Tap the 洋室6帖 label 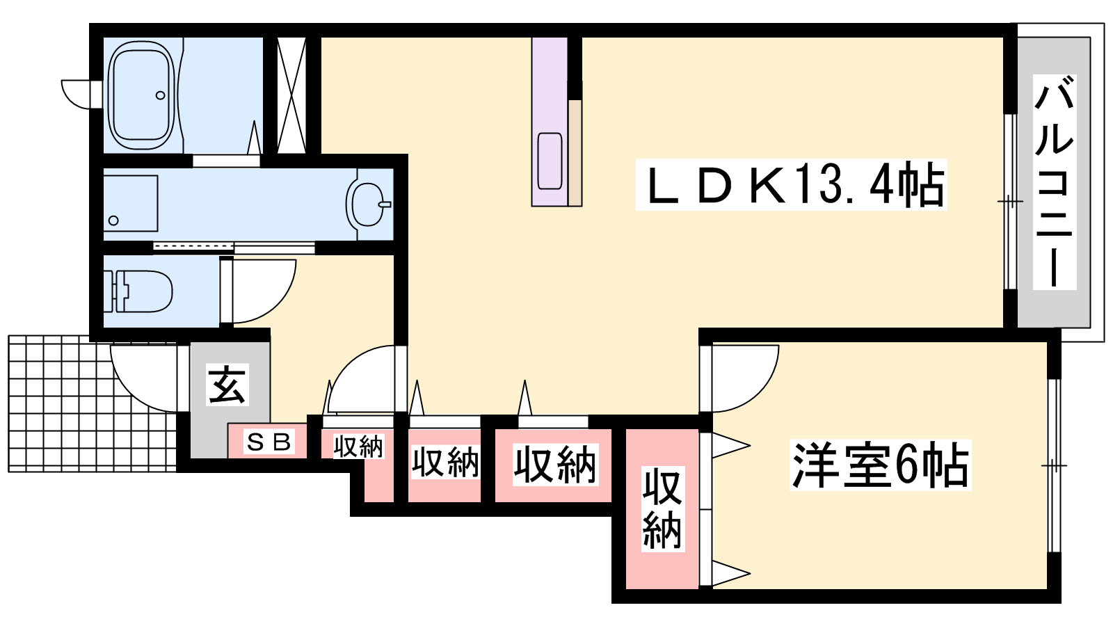coord(880,465)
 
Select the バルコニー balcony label coord(1055,182)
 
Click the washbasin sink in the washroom coord(368,204)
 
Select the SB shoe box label coord(268,442)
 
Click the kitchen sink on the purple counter coord(550,161)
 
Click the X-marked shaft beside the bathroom coord(291,95)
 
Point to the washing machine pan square coord(130,203)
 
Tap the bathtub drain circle coord(161,95)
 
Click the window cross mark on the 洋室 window coord(1054,465)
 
